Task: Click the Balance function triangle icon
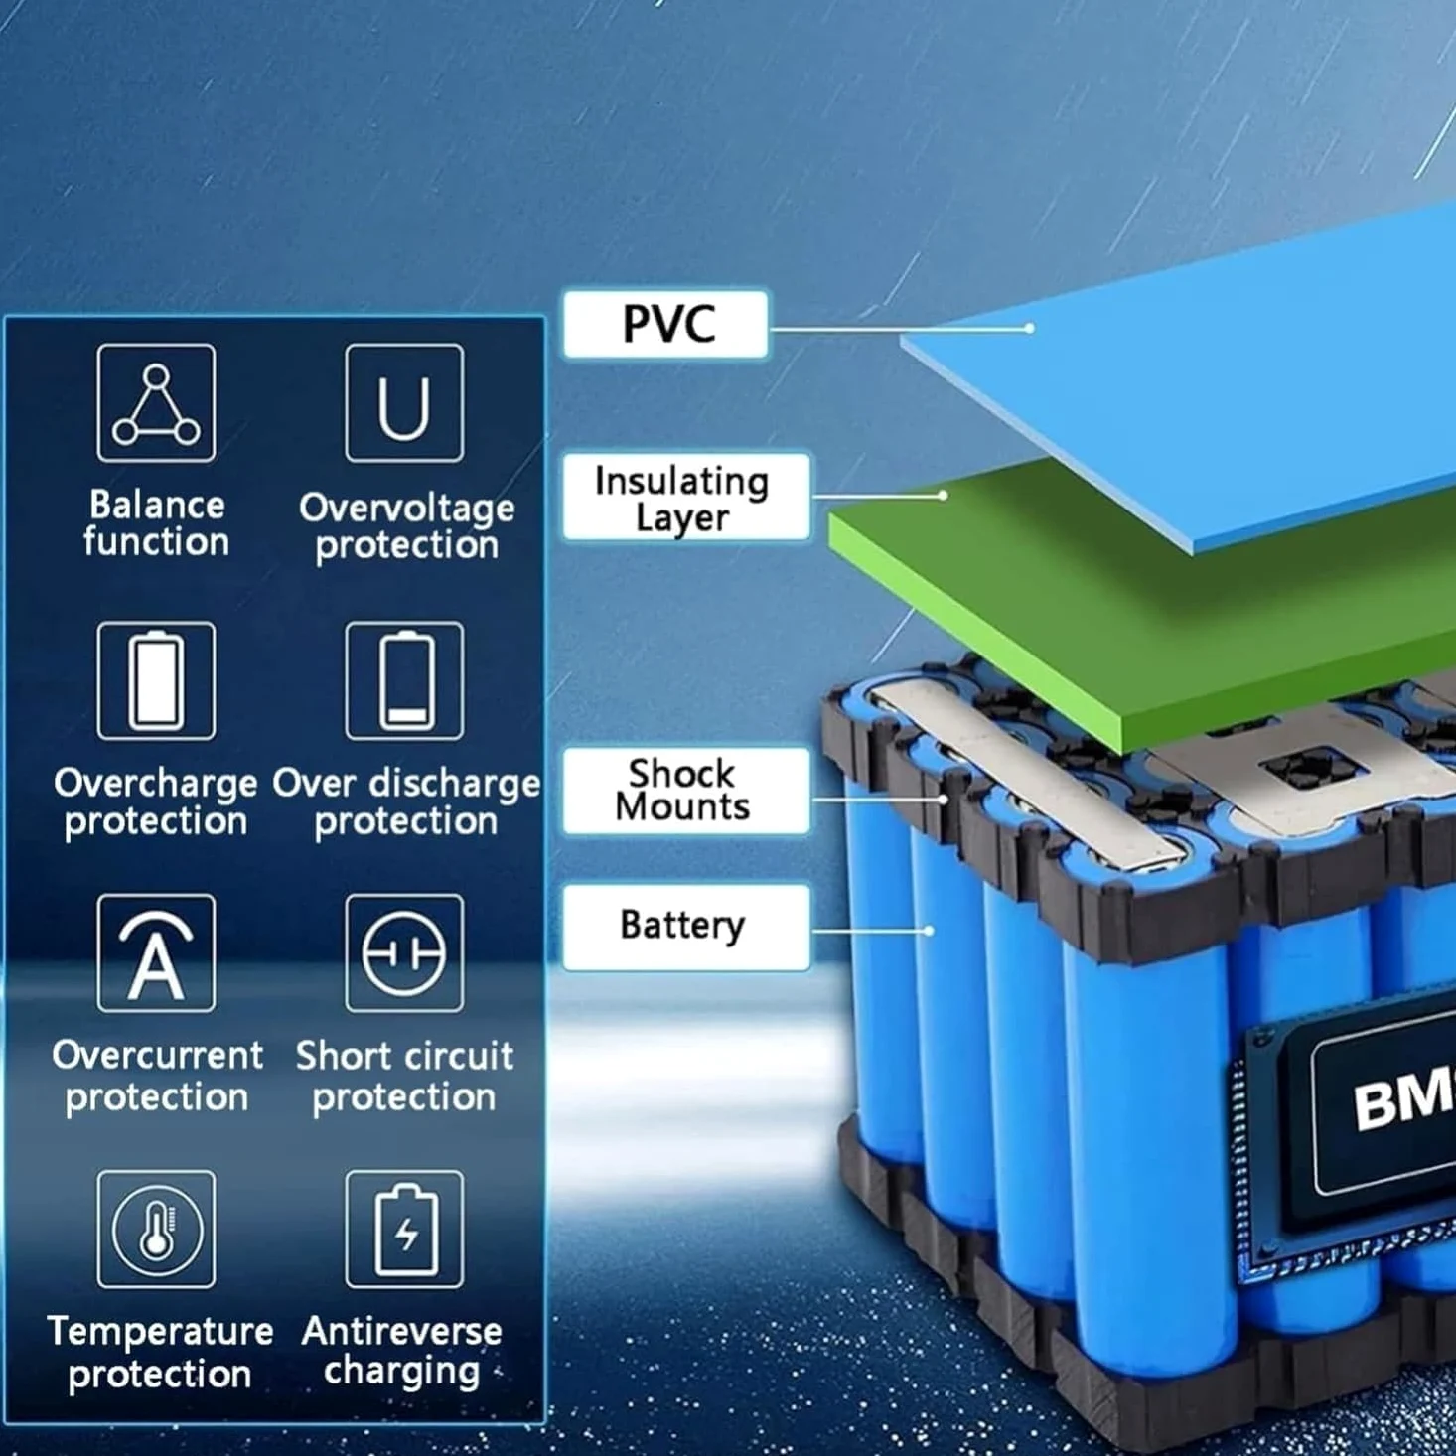tap(156, 402)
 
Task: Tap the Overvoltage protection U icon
tap(404, 402)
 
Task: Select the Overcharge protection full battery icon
tap(156, 680)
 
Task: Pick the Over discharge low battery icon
tap(404, 680)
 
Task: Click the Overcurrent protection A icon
tap(156, 953)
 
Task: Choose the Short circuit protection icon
tap(404, 953)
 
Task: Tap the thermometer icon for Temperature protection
tap(156, 1230)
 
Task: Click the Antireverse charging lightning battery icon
tap(404, 1230)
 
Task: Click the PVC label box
tap(665, 324)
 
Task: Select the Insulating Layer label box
tap(686, 497)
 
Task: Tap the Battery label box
tap(686, 928)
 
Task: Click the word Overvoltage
tap(406, 509)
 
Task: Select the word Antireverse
tap(401, 1331)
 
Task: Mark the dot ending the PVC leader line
tap(1029, 328)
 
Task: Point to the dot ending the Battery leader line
tap(929, 931)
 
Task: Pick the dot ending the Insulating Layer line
tap(943, 496)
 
